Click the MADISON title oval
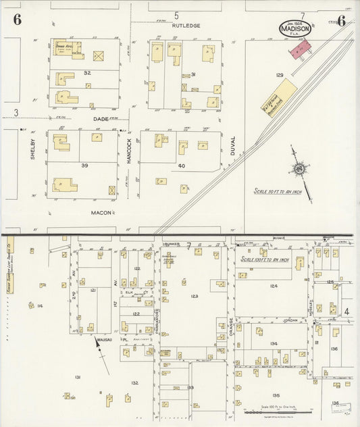click(295, 28)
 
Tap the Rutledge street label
click(186, 26)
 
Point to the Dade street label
click(101, 118)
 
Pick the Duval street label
click(233, 145)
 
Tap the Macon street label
click(101, 212)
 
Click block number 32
click(87, 72)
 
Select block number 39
click(84, 165)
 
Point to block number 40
click(181, 166)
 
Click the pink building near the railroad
click(301, 47)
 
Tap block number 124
click(274, 286)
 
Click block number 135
click(276, 395)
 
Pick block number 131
click(78, 376)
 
